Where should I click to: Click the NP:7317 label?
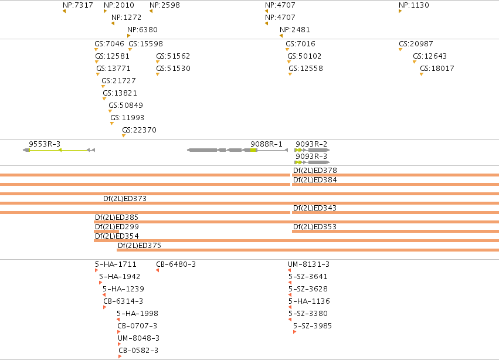pyautogui.click(x=78, y=5)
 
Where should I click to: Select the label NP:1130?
pyautogui.click(x=414, y=5)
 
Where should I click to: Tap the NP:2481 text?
pyautogui.click(x=295, y=29)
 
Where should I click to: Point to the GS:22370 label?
pyautogui.click(x=139, y=130)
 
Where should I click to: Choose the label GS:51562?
pyautogui.click(x=173, y=56)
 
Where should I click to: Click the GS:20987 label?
pyautogui.click(x=416, y=43)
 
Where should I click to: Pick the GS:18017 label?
pyautogui.click(x=437, y=69)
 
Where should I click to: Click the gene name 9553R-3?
pyautogui.click(x=45, y=144)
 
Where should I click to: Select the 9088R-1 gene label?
pyautogui.click(x=266, y=144)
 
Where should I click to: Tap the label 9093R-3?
pyautogui.click(x=311, y=157)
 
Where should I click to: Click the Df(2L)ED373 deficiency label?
pyautogui.click(x=125, y=199)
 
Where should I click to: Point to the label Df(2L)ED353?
pyautogui.click(x=315, y=227)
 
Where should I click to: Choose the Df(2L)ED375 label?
pyautogui.click(x=140, y=246)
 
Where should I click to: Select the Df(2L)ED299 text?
pyautogui.click(x=117, y=227)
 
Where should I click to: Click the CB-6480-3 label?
pyautogui.click(x=176, y=264)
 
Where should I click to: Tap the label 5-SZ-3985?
pyautogui.click(x=312, y=325)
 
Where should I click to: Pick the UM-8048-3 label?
pyautogui.click(x=138, y=338)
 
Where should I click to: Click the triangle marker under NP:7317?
pyautogui.click(x=65, y=12)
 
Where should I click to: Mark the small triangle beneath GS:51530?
pyautogui.click(x=158, y=74)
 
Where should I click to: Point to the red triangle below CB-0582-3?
pyautogui.click(x=120, y=356)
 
